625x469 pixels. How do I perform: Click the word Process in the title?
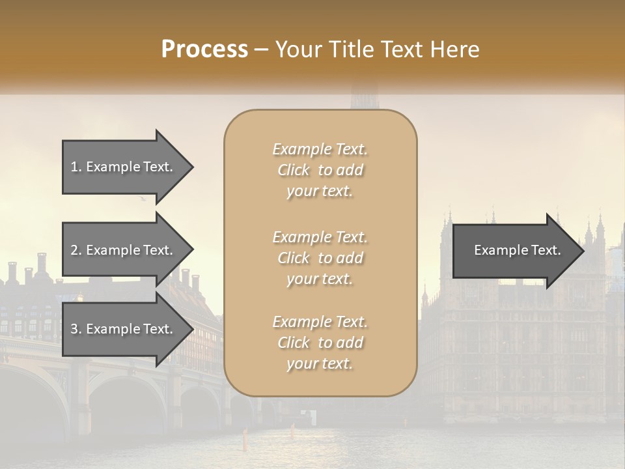click(204, 50)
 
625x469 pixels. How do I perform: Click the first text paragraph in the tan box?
click(320, 170)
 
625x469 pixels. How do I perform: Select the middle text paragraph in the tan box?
click(320, 258)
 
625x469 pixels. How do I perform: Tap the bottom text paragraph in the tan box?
click(320, 343)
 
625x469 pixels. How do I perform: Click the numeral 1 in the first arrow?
click(74, 167)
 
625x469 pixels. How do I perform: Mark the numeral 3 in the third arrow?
click(74, 329)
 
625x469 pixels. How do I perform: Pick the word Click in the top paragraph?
click(294, 170)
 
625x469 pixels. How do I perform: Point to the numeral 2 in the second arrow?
click(74, 250)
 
